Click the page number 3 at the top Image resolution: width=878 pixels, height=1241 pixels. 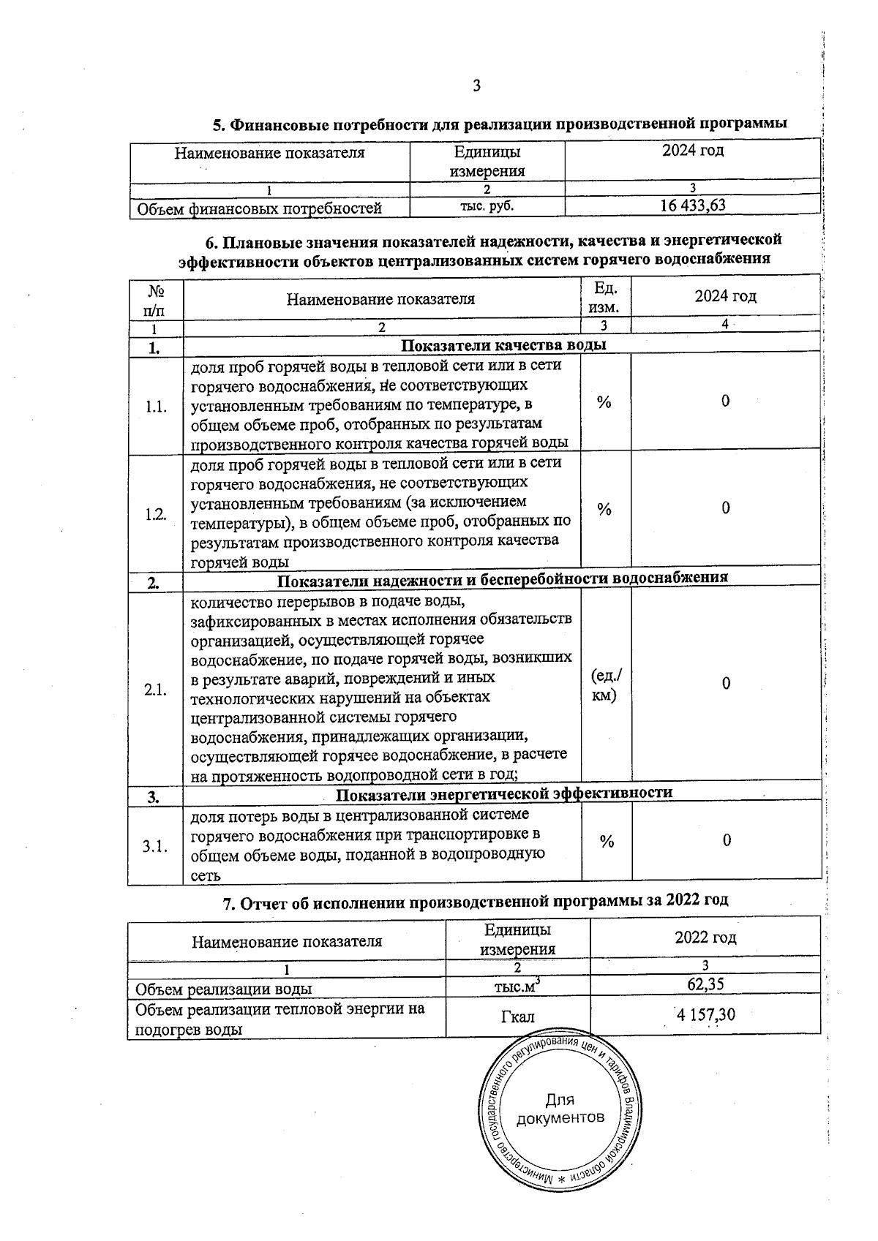point(476,86)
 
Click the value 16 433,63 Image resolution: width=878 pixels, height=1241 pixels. point(692,205)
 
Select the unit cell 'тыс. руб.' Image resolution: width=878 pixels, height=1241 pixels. point(487,206)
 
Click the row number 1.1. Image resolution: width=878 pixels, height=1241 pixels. point(155,407)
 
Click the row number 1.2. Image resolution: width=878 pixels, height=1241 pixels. point(155,513)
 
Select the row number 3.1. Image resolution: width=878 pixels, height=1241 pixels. point(155,846)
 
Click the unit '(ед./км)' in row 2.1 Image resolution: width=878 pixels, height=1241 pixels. point(605,685)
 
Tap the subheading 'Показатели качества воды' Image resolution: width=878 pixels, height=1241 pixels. point(504,345)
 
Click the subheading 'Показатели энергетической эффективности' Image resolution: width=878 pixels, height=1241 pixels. point(504,793)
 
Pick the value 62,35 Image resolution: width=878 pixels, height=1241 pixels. point(705,984)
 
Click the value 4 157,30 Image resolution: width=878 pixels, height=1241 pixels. point(705,1015)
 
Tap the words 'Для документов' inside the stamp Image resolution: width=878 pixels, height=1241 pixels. point(560,1109)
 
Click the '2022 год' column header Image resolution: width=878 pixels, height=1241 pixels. point(705,938)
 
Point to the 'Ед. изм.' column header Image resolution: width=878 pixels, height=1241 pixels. point(605,298)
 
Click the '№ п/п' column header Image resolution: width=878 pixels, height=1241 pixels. point(155,299)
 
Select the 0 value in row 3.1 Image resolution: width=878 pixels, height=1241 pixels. point(726,841)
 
